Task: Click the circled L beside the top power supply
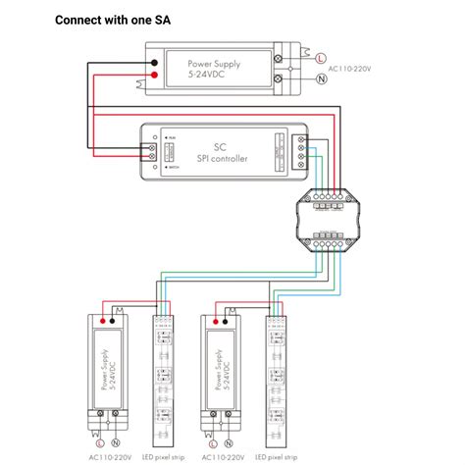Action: click(x=321, y=59)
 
